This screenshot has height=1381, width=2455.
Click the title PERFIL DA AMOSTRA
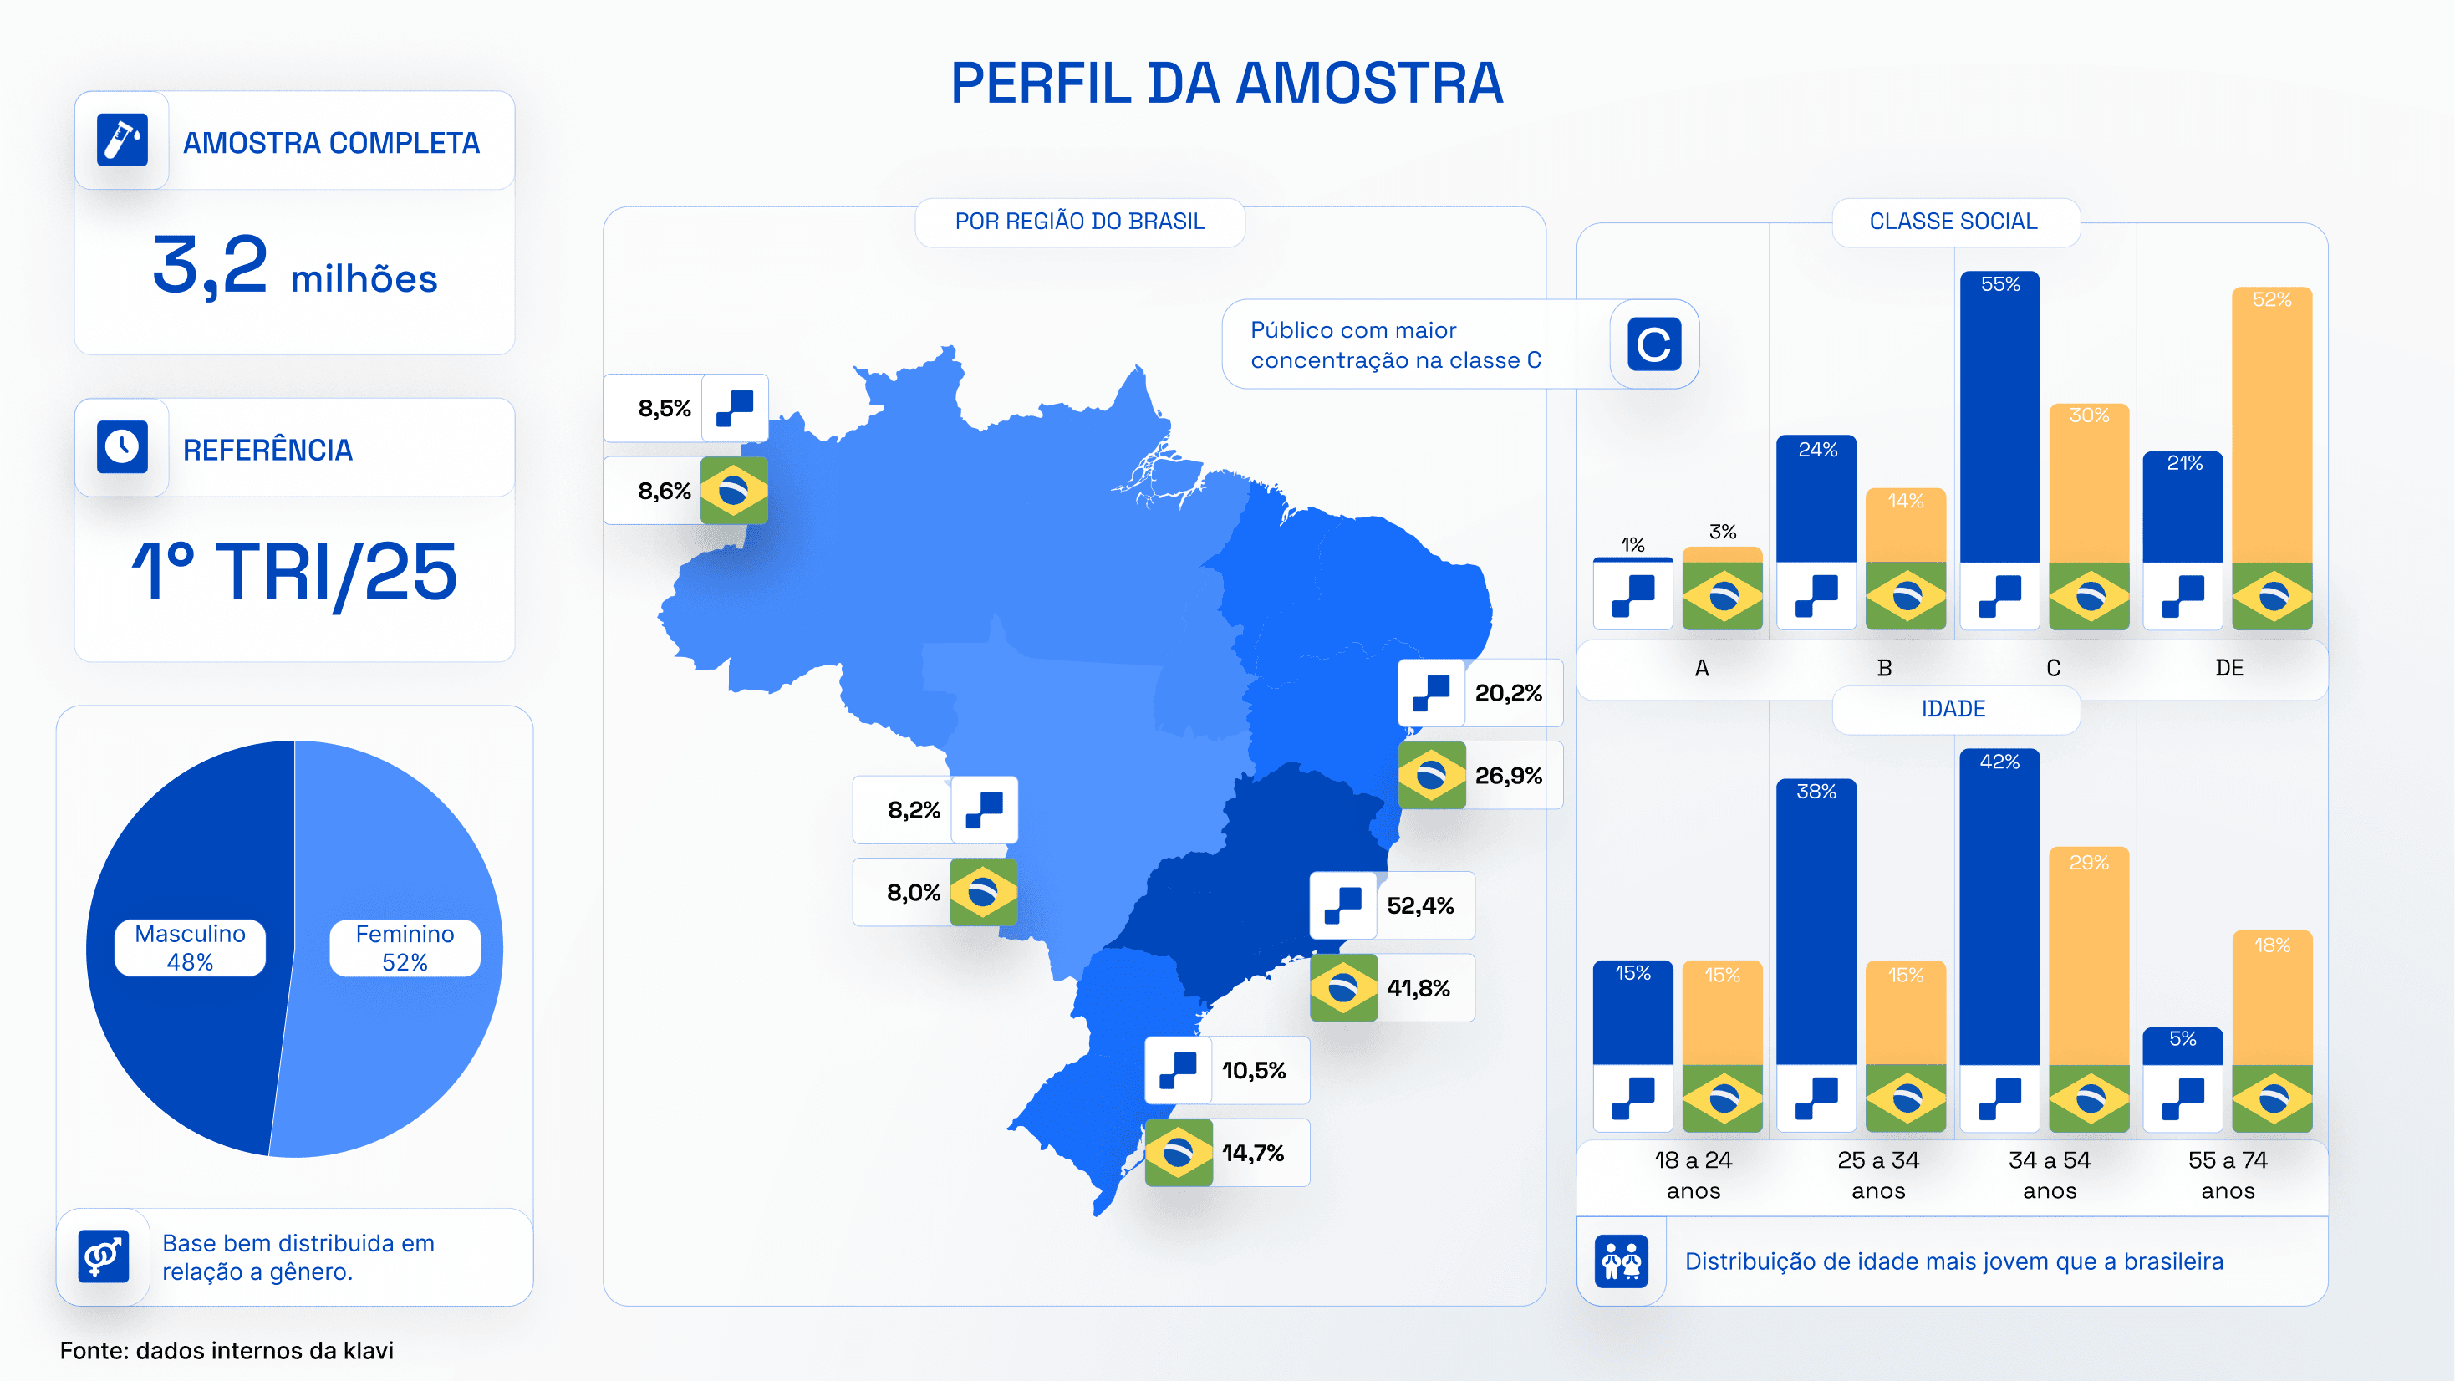[x=1226, y=83]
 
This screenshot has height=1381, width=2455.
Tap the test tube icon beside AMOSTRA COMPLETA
[x=122, y=140]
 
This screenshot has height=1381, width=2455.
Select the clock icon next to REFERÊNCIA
[x=122, y=446]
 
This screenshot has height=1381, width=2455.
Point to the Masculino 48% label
[x=190, y=947]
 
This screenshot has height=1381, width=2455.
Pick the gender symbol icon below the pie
[x=103, y=1256]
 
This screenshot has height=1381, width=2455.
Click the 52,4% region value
[x=1420, y=905]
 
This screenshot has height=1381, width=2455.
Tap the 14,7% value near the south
[x=1253, y=1154]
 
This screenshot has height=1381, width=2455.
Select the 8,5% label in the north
[x=665, y=409]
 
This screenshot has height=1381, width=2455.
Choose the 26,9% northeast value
[x=1508, y=776]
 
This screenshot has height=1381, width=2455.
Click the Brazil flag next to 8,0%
[x=982, y=893]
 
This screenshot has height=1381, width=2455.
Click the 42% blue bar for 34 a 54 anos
[x=1999, y=905]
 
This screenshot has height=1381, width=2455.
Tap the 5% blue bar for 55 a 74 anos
[x=2183, y=1046]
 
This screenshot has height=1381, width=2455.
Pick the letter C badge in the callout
[x=1653, y=344]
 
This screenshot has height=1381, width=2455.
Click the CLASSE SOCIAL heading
[x=1953, y=222]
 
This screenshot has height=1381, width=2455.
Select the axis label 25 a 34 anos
[x=1877, y=1175]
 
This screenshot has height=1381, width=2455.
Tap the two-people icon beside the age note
[x=1621, y=1261]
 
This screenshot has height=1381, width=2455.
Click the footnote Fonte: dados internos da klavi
[x=227, y=1351]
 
